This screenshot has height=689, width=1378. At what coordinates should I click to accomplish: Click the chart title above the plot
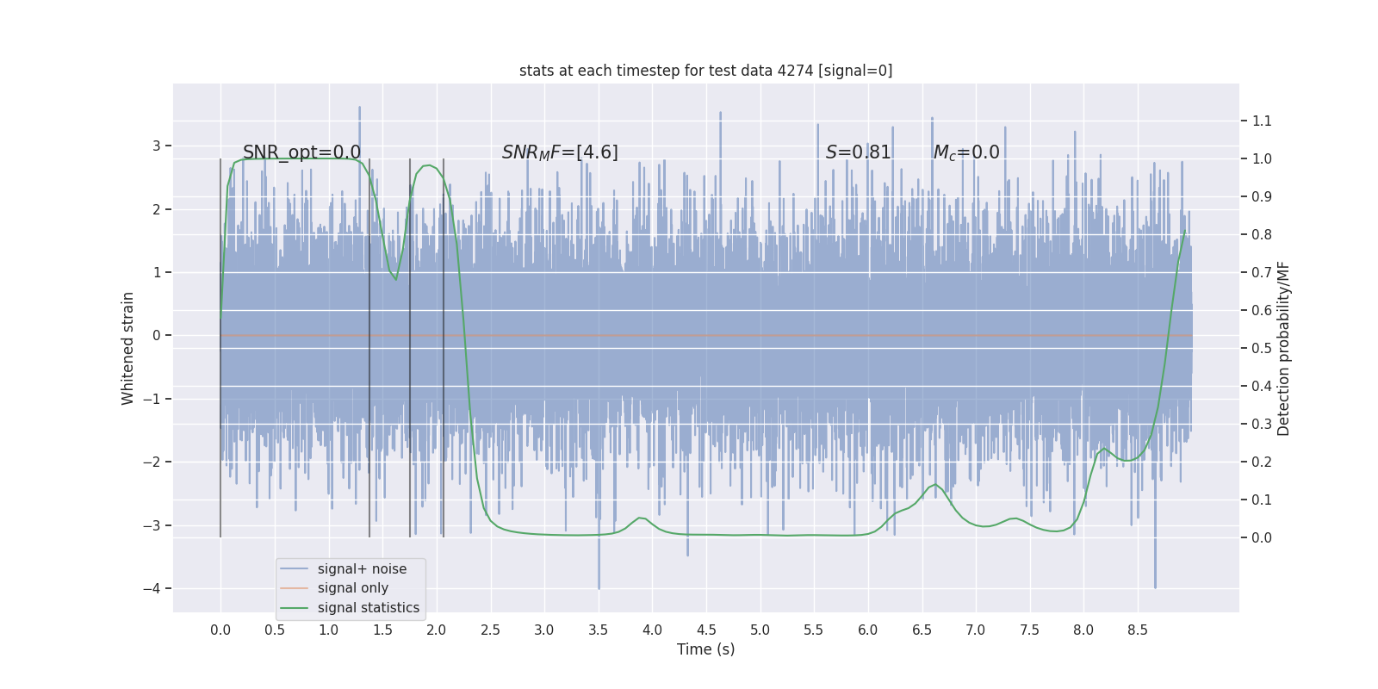coord(705,71)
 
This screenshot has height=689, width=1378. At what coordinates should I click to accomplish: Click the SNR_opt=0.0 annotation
coord(301,152)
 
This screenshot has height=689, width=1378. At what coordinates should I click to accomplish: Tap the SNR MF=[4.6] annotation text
coord(560,152)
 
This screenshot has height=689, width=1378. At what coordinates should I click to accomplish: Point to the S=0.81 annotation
coord(858,152)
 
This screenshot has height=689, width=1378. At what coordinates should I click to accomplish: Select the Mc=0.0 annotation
coord(966,152)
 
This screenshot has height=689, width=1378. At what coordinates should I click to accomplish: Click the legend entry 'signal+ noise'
coord(362,569)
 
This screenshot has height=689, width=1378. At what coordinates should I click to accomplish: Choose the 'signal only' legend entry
coord(352,588)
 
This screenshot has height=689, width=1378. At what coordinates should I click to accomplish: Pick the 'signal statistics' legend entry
coord(368,608)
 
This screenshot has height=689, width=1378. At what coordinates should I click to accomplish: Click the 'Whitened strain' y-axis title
coord(128,348)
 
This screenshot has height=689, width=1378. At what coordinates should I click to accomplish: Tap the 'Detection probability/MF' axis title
coord(1283,348)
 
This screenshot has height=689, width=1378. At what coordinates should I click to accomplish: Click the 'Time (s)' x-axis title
coord(705,649)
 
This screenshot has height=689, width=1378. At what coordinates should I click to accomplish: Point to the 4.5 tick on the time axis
coord(706,630)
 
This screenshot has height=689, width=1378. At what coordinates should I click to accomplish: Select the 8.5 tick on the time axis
coord(1137,630)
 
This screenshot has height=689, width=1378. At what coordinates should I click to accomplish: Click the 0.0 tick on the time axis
coord(220,630)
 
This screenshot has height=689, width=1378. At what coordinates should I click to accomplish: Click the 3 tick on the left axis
coord(157,146)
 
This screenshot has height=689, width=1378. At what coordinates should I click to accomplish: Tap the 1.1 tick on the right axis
coord(1262,121)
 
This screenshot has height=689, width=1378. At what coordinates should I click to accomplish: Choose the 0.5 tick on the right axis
coord(1262,348)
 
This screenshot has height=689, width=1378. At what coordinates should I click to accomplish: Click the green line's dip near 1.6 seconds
coord(396,279)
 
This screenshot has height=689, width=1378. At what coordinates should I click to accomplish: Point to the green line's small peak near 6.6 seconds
coord(935,485)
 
